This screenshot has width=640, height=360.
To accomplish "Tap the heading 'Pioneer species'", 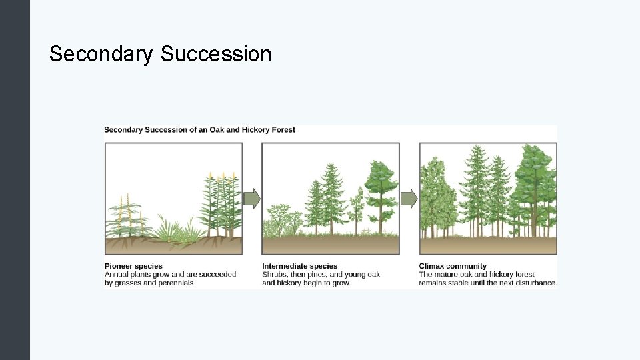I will click(133, 266).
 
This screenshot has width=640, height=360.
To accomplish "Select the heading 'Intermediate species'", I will click(299, 266).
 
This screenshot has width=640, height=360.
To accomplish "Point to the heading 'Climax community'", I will click(453, 266).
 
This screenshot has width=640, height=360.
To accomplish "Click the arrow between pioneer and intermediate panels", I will click(251, 198).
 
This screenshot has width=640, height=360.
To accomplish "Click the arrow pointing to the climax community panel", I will click(409, 198).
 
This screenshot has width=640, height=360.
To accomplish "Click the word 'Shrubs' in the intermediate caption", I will click(274, 275).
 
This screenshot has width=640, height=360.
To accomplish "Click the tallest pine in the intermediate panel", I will click(331, 193).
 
